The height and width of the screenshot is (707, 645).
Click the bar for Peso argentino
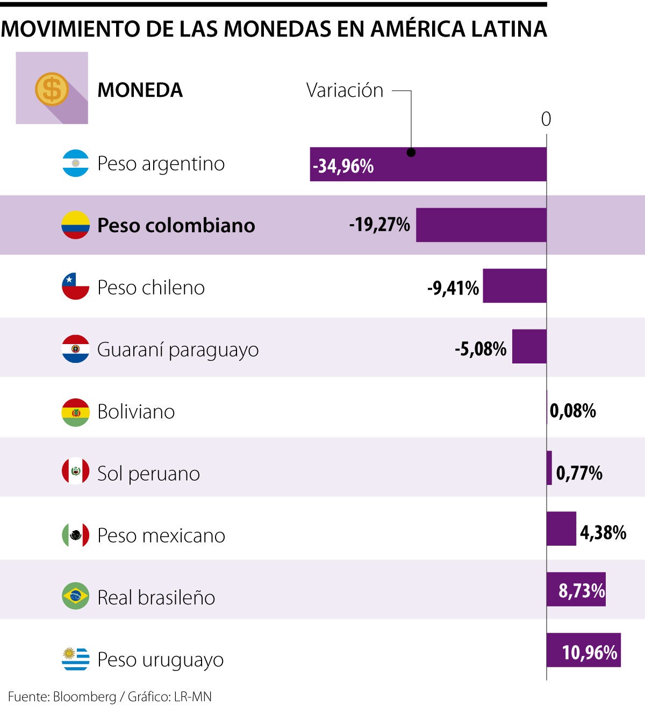457,165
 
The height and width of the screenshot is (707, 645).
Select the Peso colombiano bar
481,225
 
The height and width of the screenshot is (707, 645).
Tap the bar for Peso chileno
514,285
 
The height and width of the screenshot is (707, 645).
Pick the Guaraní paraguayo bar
529,347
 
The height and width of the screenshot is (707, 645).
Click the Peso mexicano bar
561,529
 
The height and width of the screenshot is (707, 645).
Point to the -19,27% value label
379,224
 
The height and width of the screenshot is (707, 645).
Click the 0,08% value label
573,411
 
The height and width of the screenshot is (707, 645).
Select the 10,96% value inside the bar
590,652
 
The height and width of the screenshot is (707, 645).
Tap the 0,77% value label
579,473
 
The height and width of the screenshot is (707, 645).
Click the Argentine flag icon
75,163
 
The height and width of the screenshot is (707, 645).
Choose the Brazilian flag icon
75,596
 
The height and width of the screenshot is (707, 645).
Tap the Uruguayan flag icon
75,659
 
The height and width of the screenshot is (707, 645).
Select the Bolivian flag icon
75,412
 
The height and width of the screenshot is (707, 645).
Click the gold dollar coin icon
52,89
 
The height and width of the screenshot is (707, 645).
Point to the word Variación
345,90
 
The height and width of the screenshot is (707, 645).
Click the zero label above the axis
546,119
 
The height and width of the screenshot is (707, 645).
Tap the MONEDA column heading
140,90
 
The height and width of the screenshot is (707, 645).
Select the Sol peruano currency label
148,474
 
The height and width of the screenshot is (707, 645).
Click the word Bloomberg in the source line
84,697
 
